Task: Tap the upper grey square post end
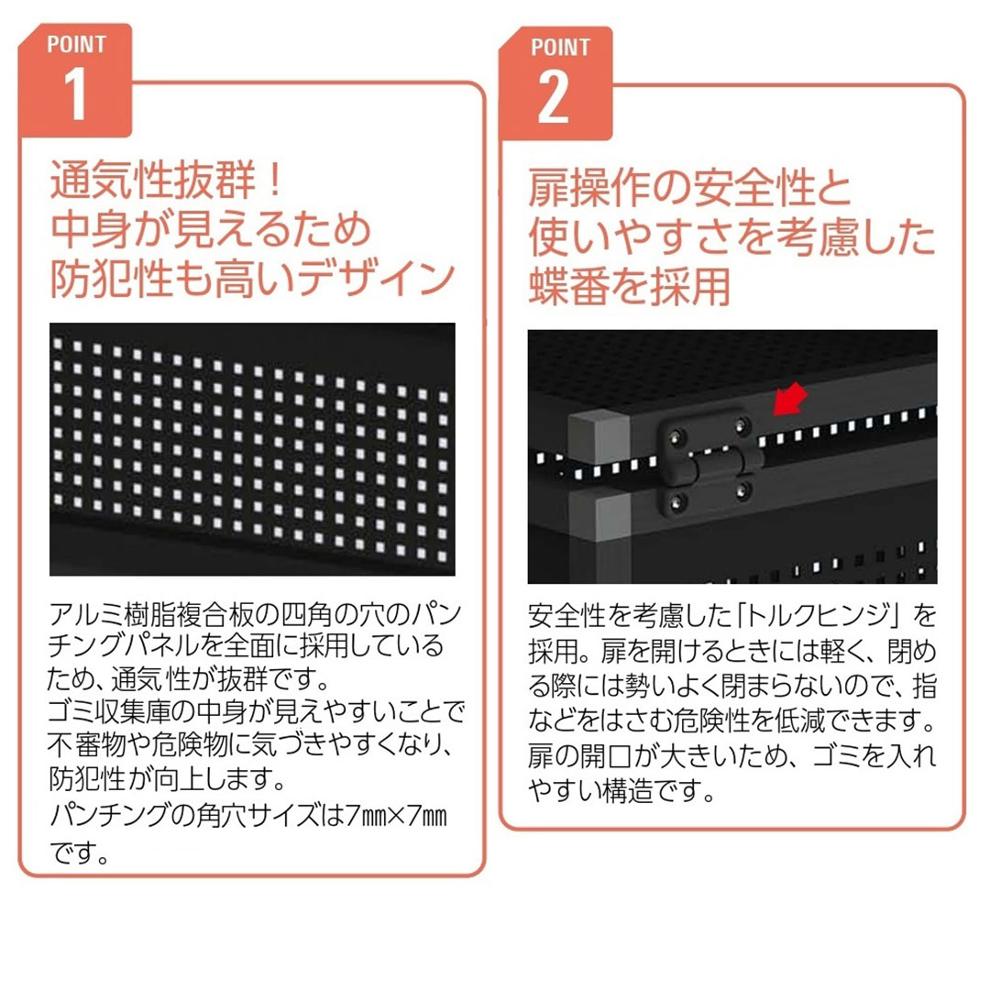[591, 429]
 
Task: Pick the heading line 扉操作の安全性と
[690, 190]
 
